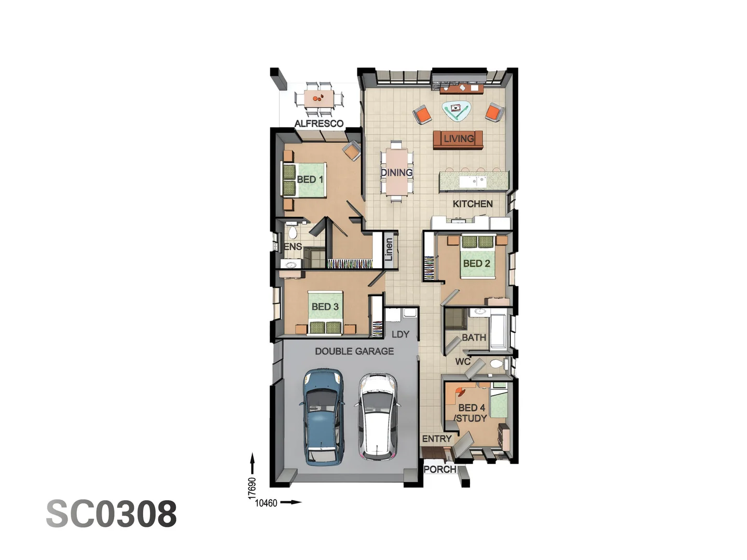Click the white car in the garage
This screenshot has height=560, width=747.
pos(378,416)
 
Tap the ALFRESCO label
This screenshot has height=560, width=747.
pos(319,123)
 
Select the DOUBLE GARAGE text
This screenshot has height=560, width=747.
pos(354,351)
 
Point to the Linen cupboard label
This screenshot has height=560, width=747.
pos(390,249)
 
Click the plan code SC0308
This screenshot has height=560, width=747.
pos(112,514)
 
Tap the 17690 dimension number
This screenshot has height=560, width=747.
pos(252,488)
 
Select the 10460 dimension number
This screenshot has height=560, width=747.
pos(266,502)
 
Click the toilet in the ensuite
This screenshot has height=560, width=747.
pos(292,231)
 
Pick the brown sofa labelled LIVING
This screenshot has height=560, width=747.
pos(458,139)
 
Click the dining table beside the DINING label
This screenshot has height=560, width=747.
pos(397,172)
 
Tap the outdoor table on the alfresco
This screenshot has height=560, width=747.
pos(319,98)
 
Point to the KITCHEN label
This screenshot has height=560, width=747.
pos(473,204)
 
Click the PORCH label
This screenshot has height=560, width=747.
pos(440,469)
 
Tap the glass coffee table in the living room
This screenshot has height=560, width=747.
pos(456,109)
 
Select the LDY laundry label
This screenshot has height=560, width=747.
pos(400,334)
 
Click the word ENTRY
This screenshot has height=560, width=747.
pos(437,439)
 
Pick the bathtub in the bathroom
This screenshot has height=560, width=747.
pos(499,328)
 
